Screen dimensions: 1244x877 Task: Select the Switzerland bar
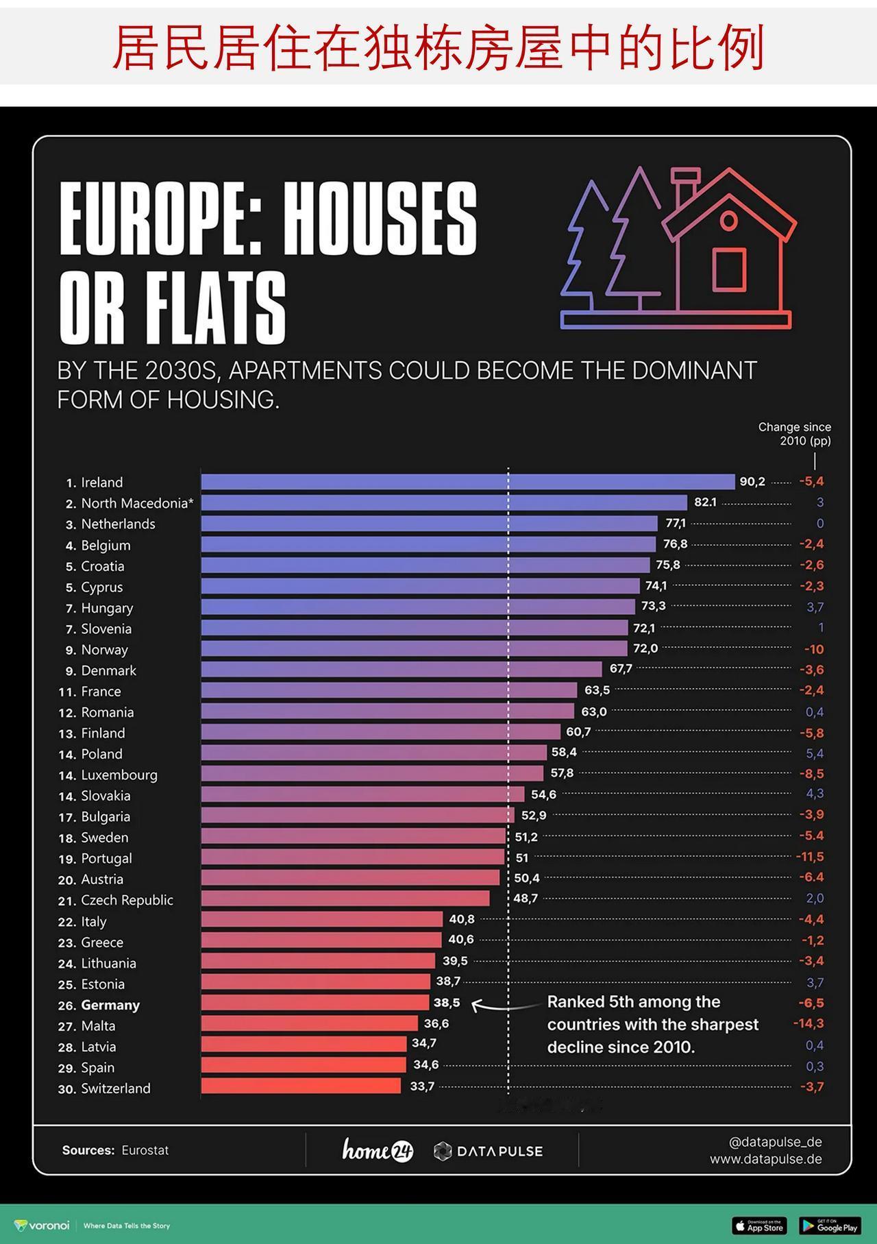click(x=301, y=1086)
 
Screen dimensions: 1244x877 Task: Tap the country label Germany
click(x=110, y=1005)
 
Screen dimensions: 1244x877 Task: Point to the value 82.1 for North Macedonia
click(x=705, y=502)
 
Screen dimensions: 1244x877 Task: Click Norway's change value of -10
click(x=814, y=649)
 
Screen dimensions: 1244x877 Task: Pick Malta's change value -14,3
click(x=808, y=1023)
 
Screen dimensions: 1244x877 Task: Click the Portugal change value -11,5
click(x=810, y=857)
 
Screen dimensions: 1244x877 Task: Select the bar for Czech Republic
click(x=345, y=899)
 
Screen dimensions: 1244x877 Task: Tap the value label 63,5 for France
click(x=597, y=690)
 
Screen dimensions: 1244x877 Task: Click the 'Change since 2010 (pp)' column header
click(x=795, y=434)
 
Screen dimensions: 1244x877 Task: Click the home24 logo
click(x=378, y=1150)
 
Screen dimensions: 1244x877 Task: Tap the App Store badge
click(x=759, y=1225)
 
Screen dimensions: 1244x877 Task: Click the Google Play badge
click(x=830, y=1225)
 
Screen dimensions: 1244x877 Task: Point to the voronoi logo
click(x=42, y=1225)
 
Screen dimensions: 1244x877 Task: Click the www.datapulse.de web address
click(x=765, y=1159)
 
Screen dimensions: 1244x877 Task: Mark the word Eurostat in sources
click(x=145, y=1150)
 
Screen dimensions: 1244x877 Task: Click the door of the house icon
click(x=729, y=269)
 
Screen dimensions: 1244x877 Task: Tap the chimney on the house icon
click(x=685, y=186)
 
